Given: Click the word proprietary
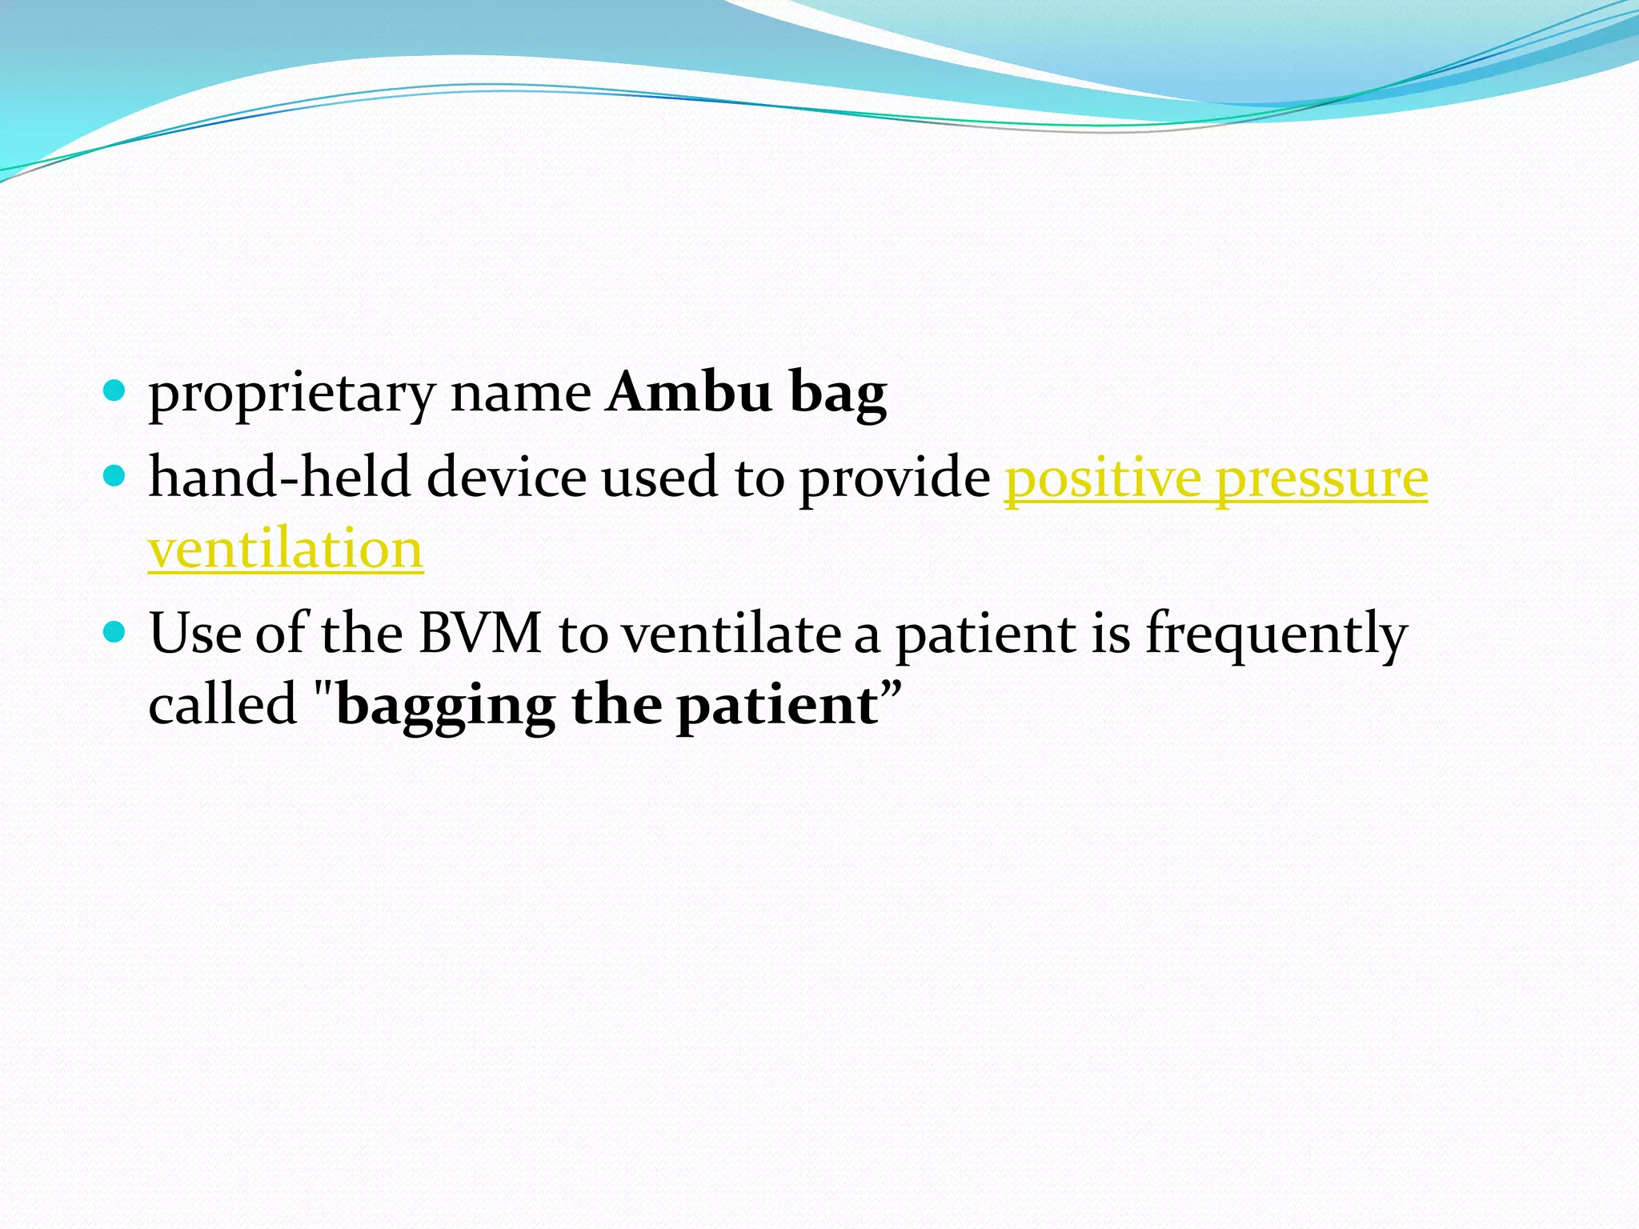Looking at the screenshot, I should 291,394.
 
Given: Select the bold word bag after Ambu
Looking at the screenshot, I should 838,394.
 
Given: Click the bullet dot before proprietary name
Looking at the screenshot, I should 115,391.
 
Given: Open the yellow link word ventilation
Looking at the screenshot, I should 286,550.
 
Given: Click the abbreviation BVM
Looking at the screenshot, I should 480,633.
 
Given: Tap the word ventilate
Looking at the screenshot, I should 731,633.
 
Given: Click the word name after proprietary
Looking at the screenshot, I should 520,394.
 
